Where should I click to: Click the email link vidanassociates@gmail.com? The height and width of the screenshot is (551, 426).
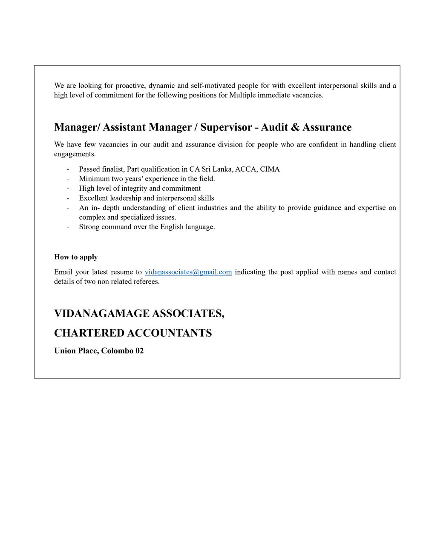188,272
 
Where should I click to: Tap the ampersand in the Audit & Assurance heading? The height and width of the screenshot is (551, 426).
296,127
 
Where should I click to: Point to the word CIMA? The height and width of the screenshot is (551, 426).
270,169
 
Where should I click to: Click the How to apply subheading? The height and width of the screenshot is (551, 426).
76,257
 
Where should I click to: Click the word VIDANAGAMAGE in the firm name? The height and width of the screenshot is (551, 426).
101,313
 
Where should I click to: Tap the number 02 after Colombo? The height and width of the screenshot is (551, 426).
139,351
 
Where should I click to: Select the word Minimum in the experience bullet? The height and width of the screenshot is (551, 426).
94,179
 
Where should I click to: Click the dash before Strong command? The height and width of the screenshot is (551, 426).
68,227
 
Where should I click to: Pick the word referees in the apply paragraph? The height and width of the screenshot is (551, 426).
146,281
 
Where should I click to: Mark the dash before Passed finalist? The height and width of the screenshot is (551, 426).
68,169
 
